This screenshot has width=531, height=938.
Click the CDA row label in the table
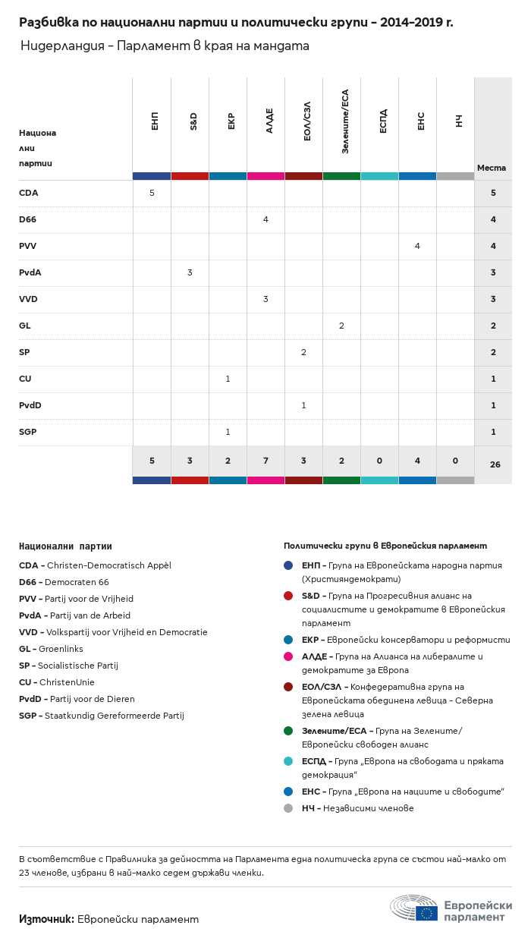coord(29,193)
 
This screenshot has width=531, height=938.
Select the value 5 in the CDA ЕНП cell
coord(152,193)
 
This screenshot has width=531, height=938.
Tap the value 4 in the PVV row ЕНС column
coord(417,246)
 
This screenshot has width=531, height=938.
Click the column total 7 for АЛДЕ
coord(265,461)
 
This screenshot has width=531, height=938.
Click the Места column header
coord(492,168)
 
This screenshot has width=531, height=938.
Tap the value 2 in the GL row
coord(341,326)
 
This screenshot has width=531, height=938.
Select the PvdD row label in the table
coord(30,405)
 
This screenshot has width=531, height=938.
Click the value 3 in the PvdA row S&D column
coord(190,272)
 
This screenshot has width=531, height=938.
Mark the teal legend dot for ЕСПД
coord(288,761)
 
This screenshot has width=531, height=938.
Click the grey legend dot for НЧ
coord(288,808)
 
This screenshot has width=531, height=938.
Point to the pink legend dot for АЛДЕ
coord(288,656)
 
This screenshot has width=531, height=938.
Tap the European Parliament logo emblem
coord(413,908)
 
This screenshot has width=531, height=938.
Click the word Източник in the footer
coord(46,919)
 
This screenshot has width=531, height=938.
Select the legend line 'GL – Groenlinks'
coord(51,649)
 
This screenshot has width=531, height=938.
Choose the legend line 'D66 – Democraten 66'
coord(64,582)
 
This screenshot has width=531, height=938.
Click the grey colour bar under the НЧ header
coord(455,176)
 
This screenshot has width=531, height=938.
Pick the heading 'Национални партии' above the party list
coord(65,546)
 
